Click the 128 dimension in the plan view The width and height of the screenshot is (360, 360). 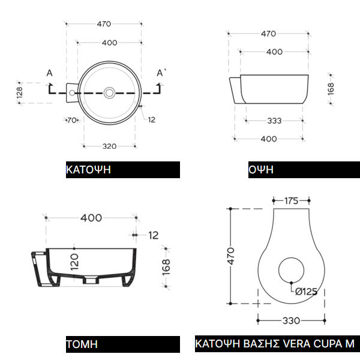(x=20, y=92)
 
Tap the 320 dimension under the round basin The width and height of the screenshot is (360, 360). (x=110, y=146)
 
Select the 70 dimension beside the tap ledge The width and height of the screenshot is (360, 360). (x=72, y=120)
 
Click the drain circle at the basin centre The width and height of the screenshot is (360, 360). (x=110, y=93)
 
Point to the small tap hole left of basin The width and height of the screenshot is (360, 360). (x=72, y=93)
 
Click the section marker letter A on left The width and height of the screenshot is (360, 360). (x=50, y=73)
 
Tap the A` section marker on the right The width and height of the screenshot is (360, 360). (x=161, y=73)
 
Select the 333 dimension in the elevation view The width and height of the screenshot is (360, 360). (x=274, y=121)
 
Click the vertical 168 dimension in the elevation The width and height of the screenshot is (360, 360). (x=331, y=89)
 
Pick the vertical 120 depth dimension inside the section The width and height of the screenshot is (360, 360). (x=74, y=262)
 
